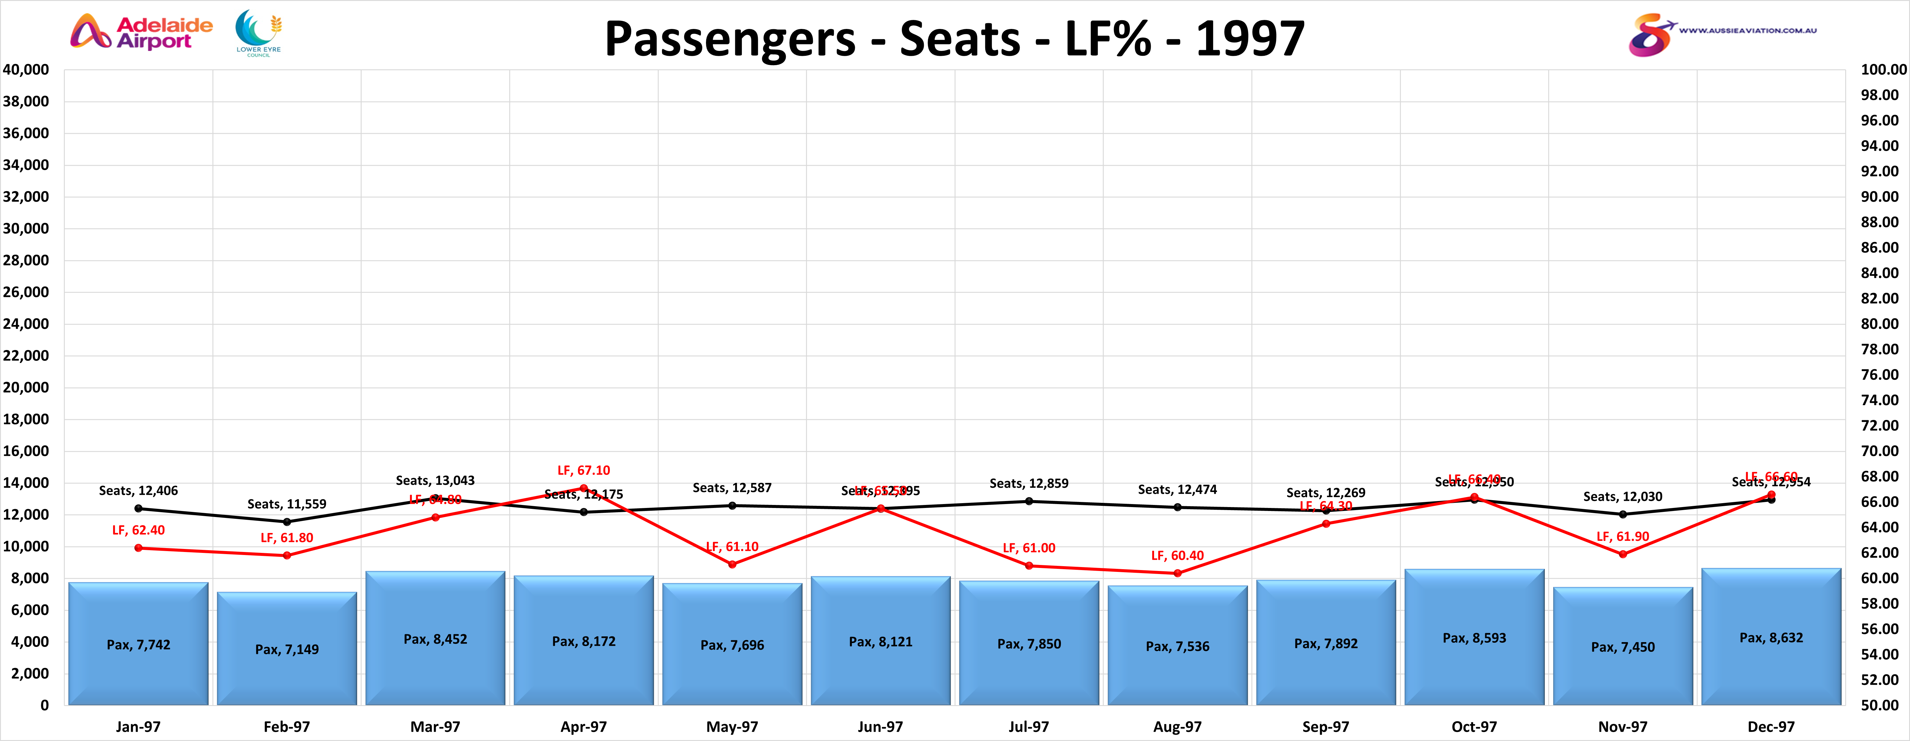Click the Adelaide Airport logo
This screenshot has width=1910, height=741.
[x=141, y=32]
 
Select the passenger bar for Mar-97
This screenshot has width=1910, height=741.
[x=435, y=638]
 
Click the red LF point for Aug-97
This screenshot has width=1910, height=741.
[x=1178, y=573]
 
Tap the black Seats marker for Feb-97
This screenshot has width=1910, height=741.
[x=287, y=522]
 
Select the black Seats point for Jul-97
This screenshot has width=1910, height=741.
[x=1029, y=501]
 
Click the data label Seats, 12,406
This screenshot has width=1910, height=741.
[x=139, y=490]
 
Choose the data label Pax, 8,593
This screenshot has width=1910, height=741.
[x=1474, y=638]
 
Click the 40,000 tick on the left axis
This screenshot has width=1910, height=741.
[x=26, y=70]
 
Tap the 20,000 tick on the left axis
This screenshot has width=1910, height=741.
[x=26, y=387]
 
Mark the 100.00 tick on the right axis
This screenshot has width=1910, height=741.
[x=1883, y=70]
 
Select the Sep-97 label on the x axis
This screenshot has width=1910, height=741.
[x=1326, y=727]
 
